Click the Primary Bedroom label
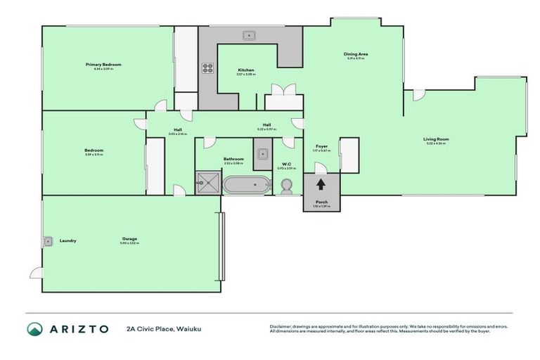108,65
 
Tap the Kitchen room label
245,70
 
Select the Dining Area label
356,54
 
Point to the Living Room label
436,139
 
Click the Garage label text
129,239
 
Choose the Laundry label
67,240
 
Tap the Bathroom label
233,159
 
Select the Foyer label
321,146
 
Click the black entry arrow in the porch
321,185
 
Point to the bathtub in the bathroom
246,186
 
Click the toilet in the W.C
286,186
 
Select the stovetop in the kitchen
207,68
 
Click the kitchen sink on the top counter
248,34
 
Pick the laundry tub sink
48,240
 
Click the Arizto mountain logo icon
34,329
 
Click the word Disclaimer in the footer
281,326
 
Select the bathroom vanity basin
262,154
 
